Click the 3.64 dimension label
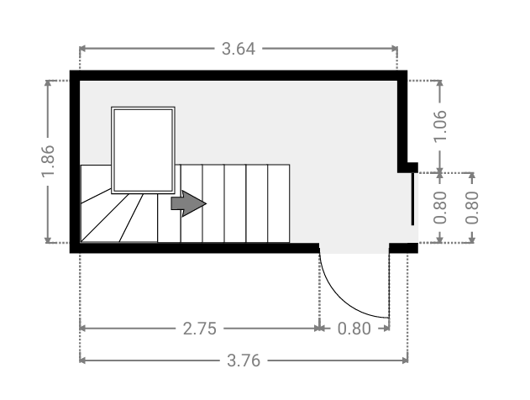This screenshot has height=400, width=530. (x=239, y=49)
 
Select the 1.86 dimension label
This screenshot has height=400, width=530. (x=48, y=161)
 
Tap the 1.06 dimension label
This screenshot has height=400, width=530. (x=440, y=126)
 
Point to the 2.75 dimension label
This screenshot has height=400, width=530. (x=199, y=329)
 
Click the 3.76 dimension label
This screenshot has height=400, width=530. (x=244, y=361)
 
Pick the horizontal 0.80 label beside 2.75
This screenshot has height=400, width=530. (x=354, y=329)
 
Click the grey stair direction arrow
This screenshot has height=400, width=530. (x=189, y=203)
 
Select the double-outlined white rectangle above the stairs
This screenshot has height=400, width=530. (x=143, y=150)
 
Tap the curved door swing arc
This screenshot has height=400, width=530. (x=341, y=301)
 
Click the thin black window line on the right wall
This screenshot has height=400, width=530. (x=412, y=199)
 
